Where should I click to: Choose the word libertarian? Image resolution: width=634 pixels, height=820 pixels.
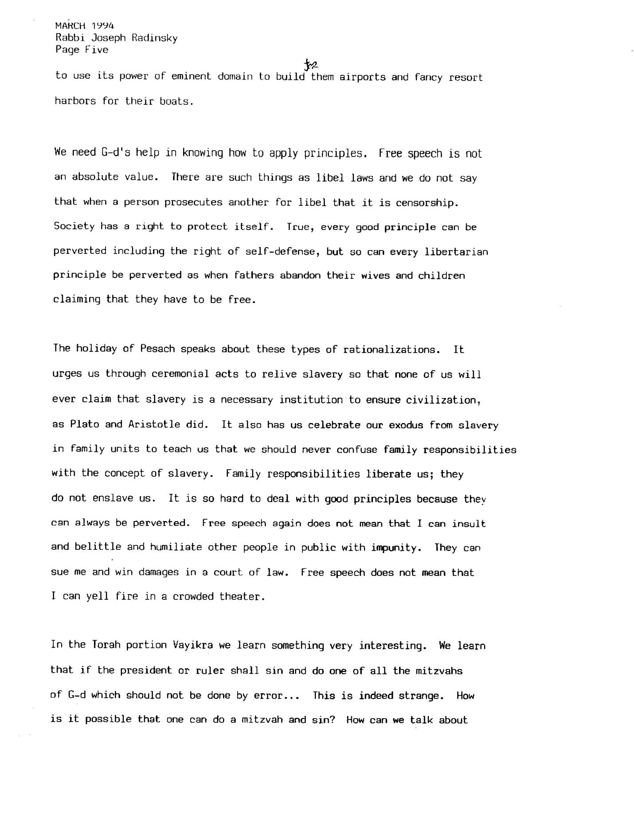456,252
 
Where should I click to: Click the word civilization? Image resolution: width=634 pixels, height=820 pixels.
435,400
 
